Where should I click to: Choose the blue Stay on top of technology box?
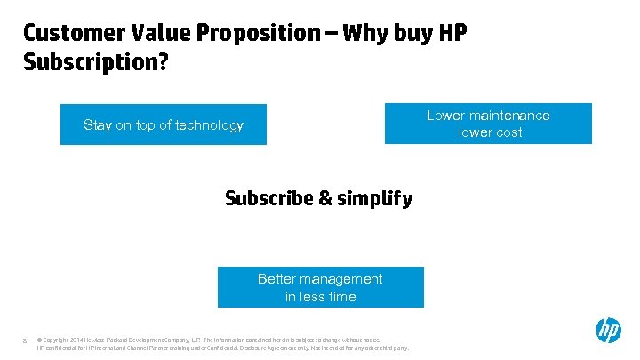(x=163, y=124)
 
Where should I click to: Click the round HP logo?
(x=608, y=331)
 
